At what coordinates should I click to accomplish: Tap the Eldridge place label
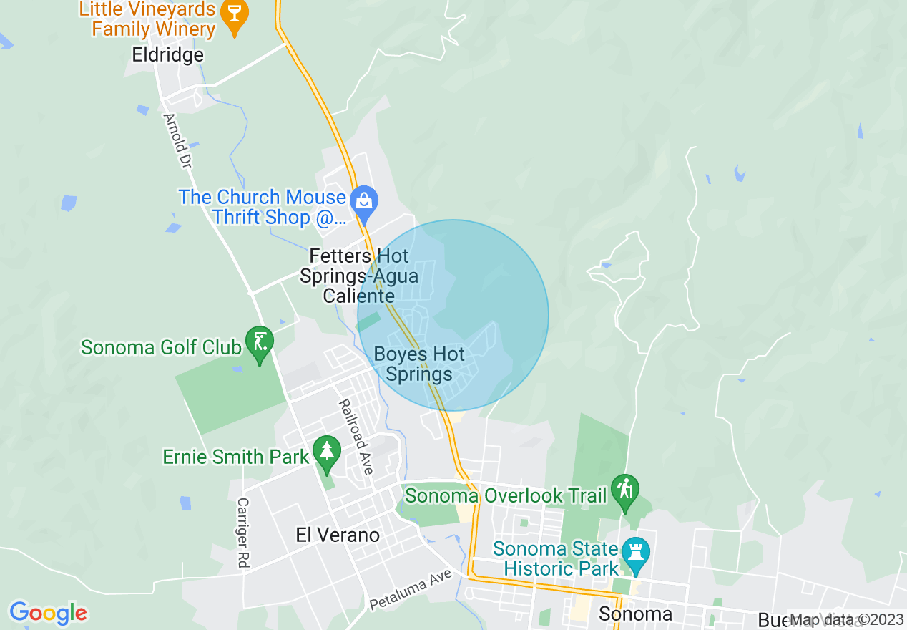tap(168, 54)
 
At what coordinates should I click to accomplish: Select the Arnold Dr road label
tap(177, 141)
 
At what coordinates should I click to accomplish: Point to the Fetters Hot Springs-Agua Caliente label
tap(359, 276)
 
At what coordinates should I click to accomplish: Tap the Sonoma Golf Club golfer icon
tap(259, 341)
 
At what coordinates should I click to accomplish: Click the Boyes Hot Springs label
tap(419, 364)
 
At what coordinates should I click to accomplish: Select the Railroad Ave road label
tap(356, 437)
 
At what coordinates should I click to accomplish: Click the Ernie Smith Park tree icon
tap(327, 451)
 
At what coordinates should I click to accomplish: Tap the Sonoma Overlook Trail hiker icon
tap(626, 490)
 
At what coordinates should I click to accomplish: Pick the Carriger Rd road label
tap(242, 533)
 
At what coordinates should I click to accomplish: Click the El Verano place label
tap(338, 535)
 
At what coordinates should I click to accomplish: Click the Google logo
tap(48, 614)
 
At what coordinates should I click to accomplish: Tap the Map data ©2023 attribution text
tap(846, 620)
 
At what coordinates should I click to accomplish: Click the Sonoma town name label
tap(635, 614)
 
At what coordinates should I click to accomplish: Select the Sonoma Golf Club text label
tap(161, 348)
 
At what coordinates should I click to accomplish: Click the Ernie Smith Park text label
tap(236, 457)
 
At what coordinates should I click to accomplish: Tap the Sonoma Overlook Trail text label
tap(505, 495)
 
